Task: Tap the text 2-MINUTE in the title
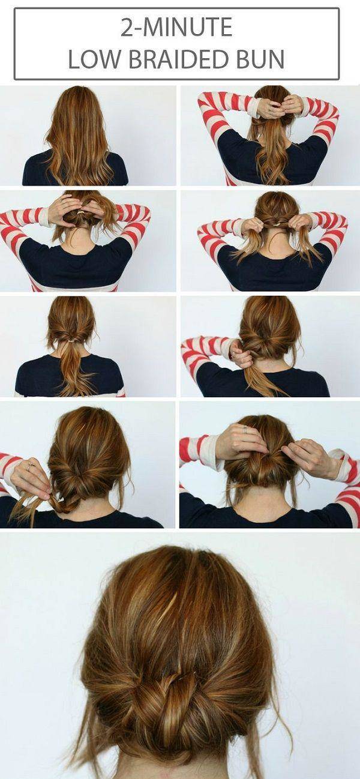click(x=176, y=28)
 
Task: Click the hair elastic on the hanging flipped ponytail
click(x=73, y=342)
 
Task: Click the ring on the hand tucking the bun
click(x=245, y=431)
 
